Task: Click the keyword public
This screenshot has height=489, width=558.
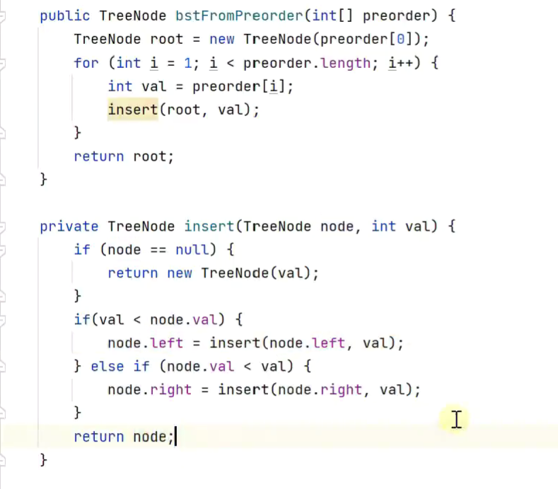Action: tap(65, 16)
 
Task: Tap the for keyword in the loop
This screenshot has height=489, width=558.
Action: tap(86, 63)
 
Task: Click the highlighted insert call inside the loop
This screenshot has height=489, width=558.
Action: tap(132, 110)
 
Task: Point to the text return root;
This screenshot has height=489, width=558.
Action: tap(123, 156)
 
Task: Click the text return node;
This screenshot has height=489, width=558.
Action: tap(123, 437)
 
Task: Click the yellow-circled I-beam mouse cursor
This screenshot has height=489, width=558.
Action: tap(456, 420)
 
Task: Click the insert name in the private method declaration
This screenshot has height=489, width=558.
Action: tap(209, 226)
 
